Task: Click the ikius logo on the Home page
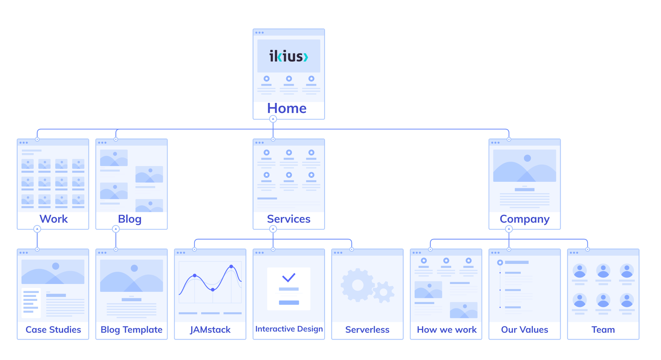coord(289,56)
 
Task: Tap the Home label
coord(287,108)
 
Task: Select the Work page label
coord(53,219)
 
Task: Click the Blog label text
coord(129,219)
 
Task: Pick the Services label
coord(289,219)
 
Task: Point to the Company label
coord(524,219)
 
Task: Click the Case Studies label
coord(53,330)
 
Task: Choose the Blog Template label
coord(131,330)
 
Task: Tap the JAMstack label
coord(210,330)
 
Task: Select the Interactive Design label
coord(289,329)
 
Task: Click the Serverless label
coord(367,330)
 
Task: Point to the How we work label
coord(447,330)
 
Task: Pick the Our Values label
coord(524,330)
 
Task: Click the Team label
coord(603,330)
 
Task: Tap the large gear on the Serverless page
coord(357,285)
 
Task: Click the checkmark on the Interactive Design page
coord(288,277)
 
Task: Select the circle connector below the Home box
coord(273,119)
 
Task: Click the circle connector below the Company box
coord(509,229)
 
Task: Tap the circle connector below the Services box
coord(273,229)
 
